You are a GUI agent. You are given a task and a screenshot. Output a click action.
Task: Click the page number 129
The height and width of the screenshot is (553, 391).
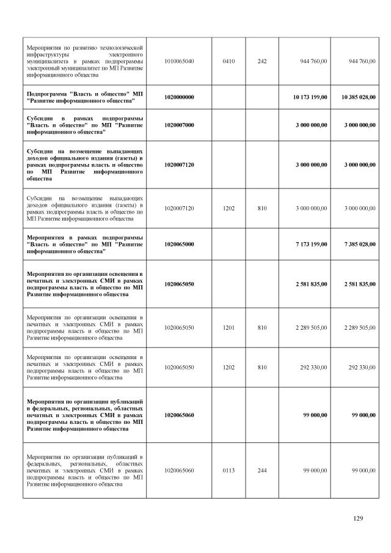(358, 519)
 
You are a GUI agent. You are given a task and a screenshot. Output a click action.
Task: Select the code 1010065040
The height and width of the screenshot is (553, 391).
(179, 61)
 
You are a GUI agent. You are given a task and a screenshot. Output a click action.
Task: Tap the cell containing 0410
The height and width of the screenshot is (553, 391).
(229, 61)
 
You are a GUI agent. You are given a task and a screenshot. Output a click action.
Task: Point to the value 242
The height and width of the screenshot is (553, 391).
(262, 61)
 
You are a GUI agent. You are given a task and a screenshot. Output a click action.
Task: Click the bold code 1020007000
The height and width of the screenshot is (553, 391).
(179, 125)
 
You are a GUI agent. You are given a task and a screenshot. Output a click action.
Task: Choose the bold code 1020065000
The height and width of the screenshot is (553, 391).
(179, 244)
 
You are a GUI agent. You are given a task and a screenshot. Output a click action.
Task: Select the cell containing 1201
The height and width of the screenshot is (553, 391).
(229, 328)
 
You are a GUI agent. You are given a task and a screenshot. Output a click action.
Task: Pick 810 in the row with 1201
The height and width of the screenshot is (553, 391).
(262, 328)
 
